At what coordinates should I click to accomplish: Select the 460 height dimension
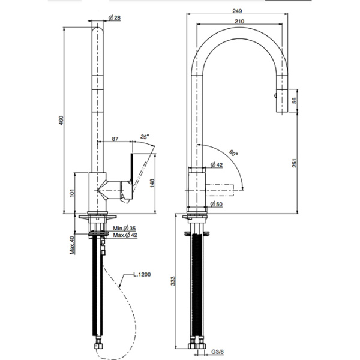click(60, 120)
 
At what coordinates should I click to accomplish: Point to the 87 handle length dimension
click(115, 139)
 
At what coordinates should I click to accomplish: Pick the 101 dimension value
click(71, 193)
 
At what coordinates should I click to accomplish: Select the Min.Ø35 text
click(125, 228)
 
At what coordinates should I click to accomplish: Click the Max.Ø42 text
click(125, 235)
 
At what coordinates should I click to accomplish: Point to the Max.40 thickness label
click(71, 245)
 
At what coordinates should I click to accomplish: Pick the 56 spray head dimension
click(293, 101)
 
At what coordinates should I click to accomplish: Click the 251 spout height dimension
click(293, 169)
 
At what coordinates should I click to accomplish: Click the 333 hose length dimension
click(173, 280)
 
